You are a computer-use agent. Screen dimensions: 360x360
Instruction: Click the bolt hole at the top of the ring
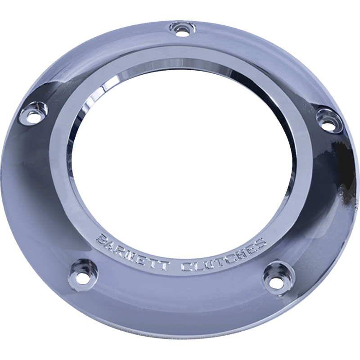point(182,31)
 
